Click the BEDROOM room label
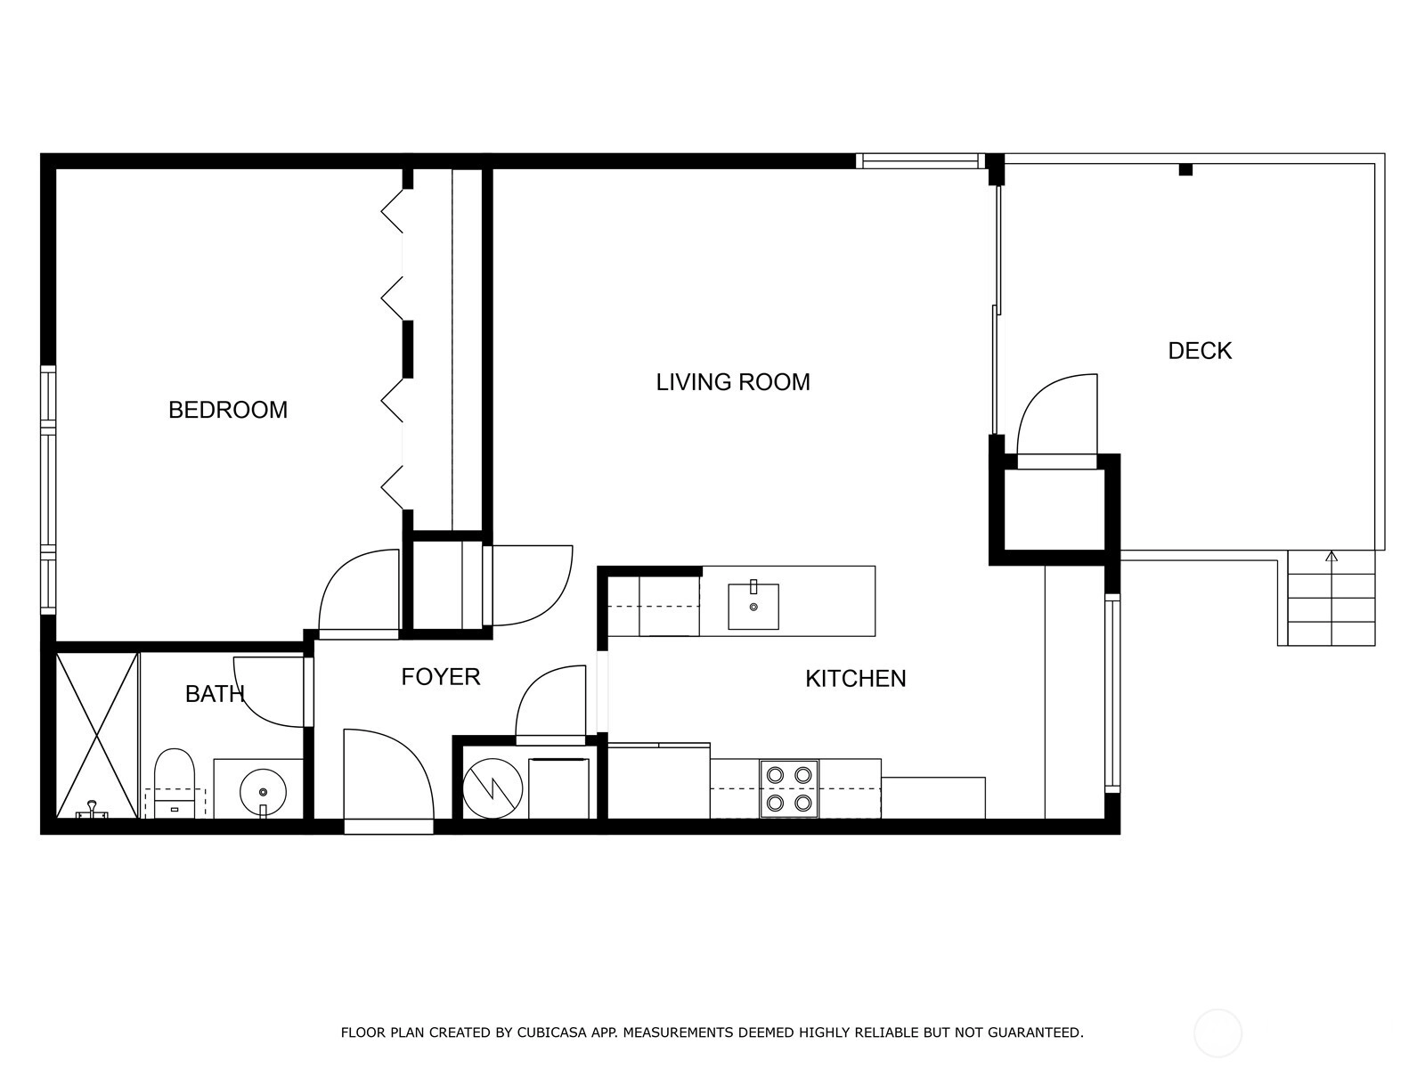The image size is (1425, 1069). (228, 410)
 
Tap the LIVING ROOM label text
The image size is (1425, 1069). (733, 381)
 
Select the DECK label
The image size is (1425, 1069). (1200, 350)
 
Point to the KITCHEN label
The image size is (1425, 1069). (856, 678)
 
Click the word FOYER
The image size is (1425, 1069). (441, 677)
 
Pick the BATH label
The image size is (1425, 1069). (215, 694)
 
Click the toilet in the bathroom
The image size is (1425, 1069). (174, 783)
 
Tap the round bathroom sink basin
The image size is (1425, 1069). (263, 793)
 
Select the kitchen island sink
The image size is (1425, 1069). (753, 606)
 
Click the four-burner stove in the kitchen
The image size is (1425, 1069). (789, 788)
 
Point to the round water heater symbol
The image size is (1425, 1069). (493, 788)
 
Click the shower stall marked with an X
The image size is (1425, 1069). (97, 736)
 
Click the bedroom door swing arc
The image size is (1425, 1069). (358, 590)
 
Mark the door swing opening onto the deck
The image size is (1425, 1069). (1057, 414)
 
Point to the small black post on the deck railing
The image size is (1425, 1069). (1185, 169)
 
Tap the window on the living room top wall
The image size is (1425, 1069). (920, 161)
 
